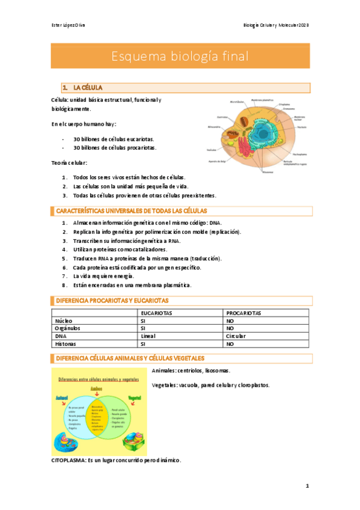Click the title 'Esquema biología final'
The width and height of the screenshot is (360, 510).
180,57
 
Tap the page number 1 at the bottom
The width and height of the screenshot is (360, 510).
307,485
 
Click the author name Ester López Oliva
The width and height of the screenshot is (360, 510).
68,25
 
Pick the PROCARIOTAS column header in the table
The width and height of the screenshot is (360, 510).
243,313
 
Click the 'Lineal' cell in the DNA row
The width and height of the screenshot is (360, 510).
148,337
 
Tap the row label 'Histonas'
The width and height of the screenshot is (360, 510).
66,345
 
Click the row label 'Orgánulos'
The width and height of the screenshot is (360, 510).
67,329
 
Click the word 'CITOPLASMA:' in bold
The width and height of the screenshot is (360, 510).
69,460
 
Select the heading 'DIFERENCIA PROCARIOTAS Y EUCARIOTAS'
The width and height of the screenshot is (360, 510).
112,300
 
